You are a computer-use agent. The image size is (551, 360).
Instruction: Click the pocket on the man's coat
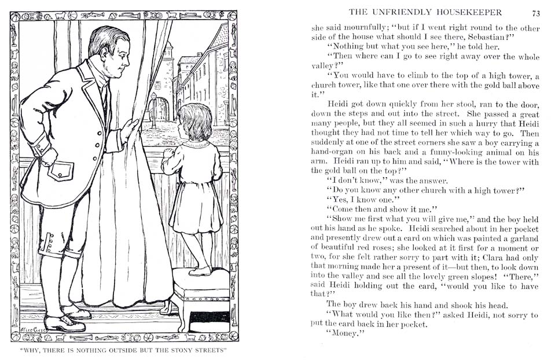coord(61,171)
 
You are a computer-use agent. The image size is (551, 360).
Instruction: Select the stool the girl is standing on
coord(200,292)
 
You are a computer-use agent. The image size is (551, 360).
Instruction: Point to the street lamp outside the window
coord(153,104)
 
